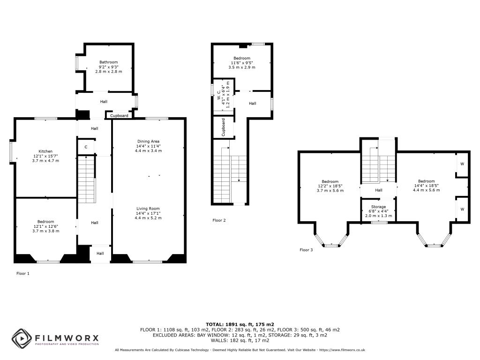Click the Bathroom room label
(108, 62)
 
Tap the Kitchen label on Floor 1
(45, 151)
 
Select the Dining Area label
(148, 142)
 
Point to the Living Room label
(148, 209)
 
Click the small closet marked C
(86, 147)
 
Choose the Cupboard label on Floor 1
(119, 116)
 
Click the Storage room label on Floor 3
(378, 207)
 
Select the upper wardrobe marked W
(462, 164)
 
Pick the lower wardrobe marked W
(462, 209)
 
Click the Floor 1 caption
(23, 273)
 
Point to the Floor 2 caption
(219, 220)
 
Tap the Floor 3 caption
(306, 250)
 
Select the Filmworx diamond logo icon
(22, 338)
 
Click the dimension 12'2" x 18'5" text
(330, 186)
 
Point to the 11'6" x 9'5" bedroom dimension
(242, 63)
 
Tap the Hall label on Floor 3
(379, 190)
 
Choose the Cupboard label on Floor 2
(223, 127)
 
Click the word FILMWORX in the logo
(67, 338)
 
